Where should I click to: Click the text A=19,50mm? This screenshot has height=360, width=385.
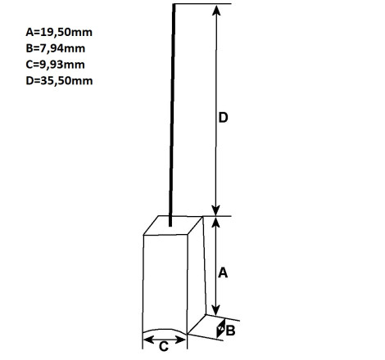pos(59,32)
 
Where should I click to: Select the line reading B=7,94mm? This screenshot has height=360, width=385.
pos(56,48)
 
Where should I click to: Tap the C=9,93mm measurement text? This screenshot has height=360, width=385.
pos(55,65)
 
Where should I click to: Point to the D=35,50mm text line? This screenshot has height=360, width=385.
pos(59,81)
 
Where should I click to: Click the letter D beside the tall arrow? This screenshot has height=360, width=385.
pos(223,118)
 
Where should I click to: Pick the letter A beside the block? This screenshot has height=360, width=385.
pos(223,272)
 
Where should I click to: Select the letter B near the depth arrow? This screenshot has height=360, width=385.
pos(230,331)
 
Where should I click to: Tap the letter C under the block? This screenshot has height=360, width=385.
pos(164,347)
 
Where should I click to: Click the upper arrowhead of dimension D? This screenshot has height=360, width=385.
pos(216,10)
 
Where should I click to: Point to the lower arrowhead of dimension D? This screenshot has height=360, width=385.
pos(216,210)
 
